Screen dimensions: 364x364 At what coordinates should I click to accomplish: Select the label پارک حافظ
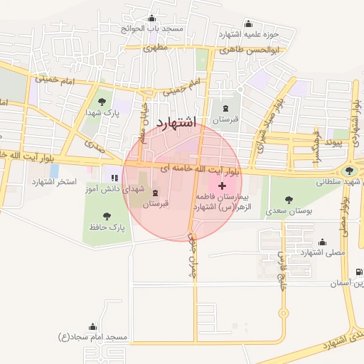(x=107, y=228)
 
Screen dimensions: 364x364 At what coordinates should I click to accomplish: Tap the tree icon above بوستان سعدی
(x=288, y=200)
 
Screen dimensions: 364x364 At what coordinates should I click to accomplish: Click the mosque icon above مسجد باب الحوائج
(x=151, y=19)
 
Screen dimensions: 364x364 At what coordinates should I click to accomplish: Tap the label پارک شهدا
(x=101, y=113)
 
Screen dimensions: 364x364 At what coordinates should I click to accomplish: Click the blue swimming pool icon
(x=55, y=171)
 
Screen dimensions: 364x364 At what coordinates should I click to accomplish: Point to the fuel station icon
(x=358, y=272)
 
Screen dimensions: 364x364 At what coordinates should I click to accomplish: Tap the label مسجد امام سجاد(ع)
(x=92, y=336)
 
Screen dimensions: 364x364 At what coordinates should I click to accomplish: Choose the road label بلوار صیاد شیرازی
(x=267, y=125)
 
